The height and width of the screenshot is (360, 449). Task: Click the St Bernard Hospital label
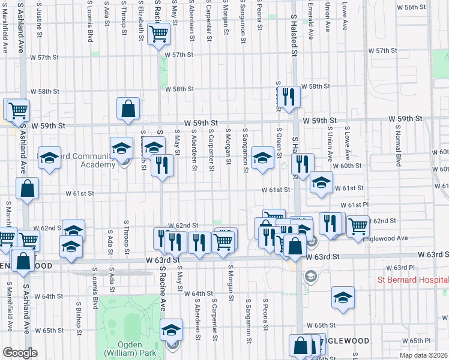(412, 280)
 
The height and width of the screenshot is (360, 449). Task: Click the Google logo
(20, 353)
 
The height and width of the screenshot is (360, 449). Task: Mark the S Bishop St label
(79, 313)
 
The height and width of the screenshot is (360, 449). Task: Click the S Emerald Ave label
(311, 21)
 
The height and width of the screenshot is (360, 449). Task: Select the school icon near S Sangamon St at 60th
(262, 158)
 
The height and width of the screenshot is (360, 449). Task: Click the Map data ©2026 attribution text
(424, 355)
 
